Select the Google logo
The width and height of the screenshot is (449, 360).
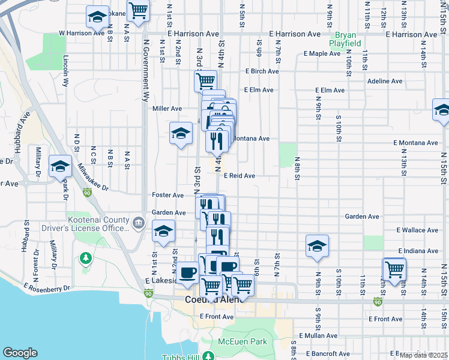click(20, 353)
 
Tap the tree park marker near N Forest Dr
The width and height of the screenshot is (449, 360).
click(86, 259)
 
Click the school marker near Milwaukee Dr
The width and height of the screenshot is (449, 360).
click(60, 166)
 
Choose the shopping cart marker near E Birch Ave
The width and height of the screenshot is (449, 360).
click(205, 80)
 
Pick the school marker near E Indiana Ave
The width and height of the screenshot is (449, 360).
click(317, 246)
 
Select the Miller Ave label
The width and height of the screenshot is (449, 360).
click(167, 109)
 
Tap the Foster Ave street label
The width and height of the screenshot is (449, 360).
click(167, 196)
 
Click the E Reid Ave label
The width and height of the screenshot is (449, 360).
click(240, 176)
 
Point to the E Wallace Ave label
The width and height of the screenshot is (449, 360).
click(417, 230)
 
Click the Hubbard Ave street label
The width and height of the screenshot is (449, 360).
click(23, 124)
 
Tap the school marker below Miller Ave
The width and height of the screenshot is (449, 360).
click(180, 134)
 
